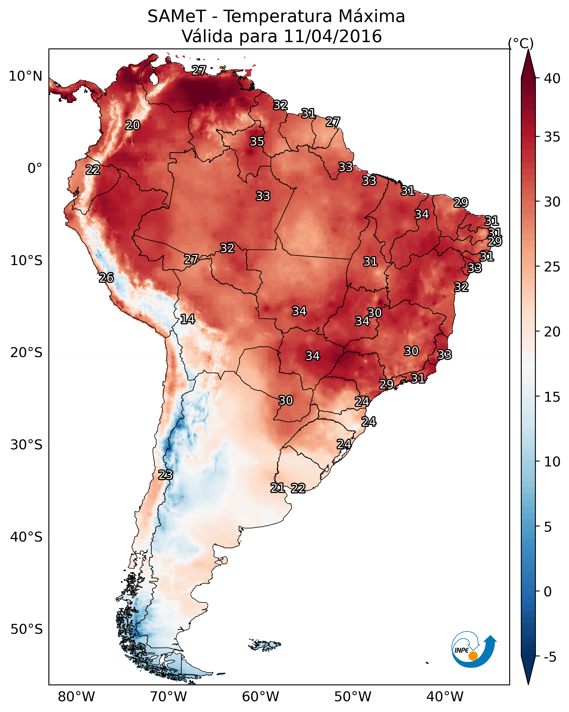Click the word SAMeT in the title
[177, 17]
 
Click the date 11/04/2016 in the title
[333, 36]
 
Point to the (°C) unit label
[521, 43]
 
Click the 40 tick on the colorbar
[552, 78]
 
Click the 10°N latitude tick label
[25, 76]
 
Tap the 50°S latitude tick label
[26, 629]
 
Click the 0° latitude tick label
[35, 169]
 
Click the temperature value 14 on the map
[187, 319]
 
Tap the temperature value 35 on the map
[257, 141]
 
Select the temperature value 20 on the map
[133, 125]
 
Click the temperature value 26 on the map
[106, 278]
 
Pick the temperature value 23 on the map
[165, 475]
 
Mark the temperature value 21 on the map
[278, 488]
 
